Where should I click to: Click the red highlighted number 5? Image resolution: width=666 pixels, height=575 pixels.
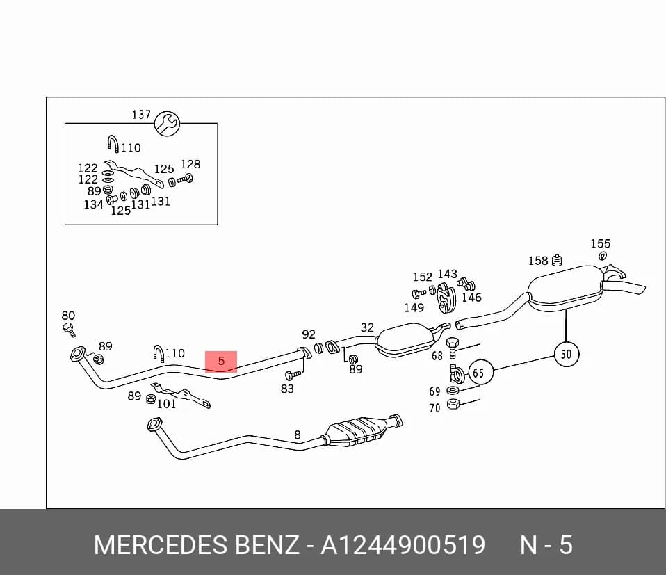[x=221, y=362]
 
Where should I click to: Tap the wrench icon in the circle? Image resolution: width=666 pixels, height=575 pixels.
[x=167, y=124]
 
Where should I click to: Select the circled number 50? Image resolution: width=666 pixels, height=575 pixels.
[x=566, y=354]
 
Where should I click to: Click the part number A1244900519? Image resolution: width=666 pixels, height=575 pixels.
[x=403, y=545]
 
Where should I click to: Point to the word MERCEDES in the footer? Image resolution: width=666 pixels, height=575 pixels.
[x=161, y=545]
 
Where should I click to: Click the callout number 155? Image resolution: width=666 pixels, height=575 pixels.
[x=600, y=244]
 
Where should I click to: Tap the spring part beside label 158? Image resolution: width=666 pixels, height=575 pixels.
[x=557, y=260]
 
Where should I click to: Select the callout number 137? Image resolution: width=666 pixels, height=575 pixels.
[x=141, y=115]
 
